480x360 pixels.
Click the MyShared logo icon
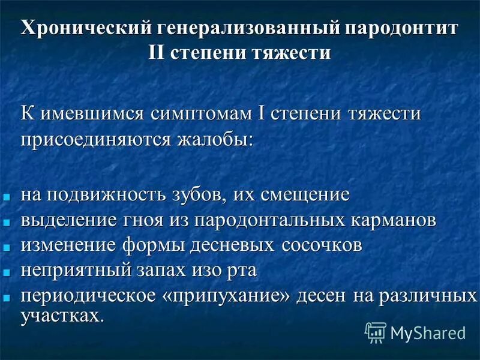pyautogui.click(x=376, y=331)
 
